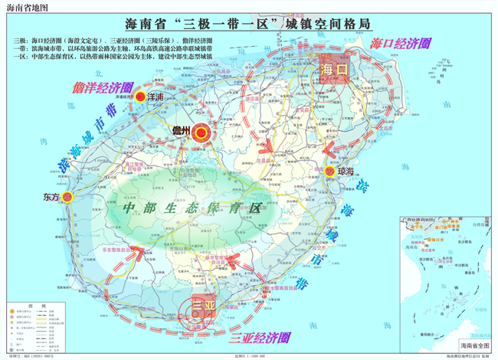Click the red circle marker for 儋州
(201, 133)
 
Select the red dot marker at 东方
(67, 197)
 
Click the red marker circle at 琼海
(329, 171)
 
